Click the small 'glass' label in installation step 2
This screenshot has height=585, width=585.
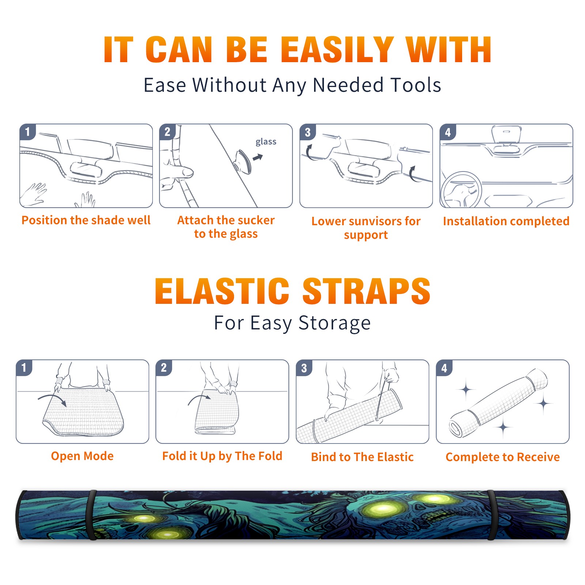click(x=266, y=141)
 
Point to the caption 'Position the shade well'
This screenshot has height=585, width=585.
click(x=86, y=220)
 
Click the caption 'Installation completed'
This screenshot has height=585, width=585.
click(x=506, y=221)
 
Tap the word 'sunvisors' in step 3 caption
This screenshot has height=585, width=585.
click(x=370, y=221)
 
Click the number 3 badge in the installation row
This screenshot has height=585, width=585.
click(x=308, y=132)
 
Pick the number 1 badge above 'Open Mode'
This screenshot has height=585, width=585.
click(x=24, y=367)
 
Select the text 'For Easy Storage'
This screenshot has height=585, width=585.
click(x=292, y=323)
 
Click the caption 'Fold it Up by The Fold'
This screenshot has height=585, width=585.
click(x=222, y=456)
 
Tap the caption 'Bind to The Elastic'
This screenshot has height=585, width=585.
click(x=362, y=457)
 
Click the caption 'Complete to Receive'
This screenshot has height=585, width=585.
click(x=503, y=457)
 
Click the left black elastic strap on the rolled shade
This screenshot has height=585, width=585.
click(x=91, y=515)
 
